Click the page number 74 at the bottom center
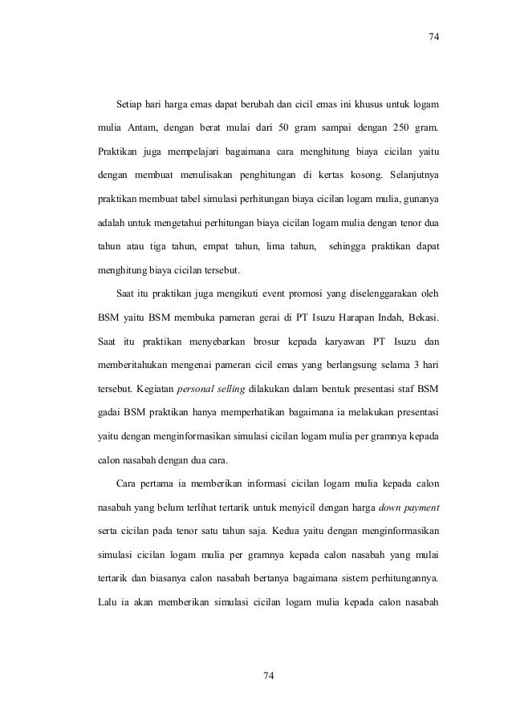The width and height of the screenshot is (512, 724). click(269, 677)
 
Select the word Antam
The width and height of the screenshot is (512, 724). click(136, 127)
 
